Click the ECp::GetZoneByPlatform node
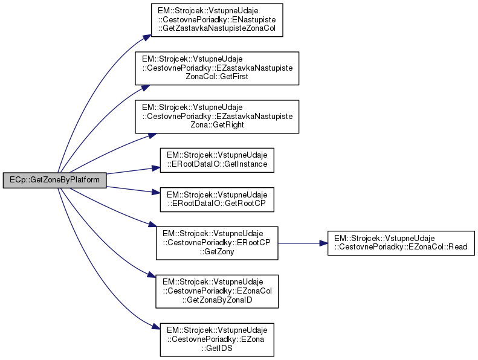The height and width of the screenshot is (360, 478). click(54, 180)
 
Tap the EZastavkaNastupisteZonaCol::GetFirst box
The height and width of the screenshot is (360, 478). click(217, 68)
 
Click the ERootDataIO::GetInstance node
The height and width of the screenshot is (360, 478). click(217, 159)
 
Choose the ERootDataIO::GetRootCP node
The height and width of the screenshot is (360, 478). click(217, 201)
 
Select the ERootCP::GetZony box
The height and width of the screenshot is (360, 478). click(217, 243)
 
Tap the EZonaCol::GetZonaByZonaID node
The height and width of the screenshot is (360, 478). click(217, 290)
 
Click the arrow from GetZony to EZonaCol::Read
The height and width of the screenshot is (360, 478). click(302, 243)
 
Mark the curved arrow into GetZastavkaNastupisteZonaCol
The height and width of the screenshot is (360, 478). click(91, 91)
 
